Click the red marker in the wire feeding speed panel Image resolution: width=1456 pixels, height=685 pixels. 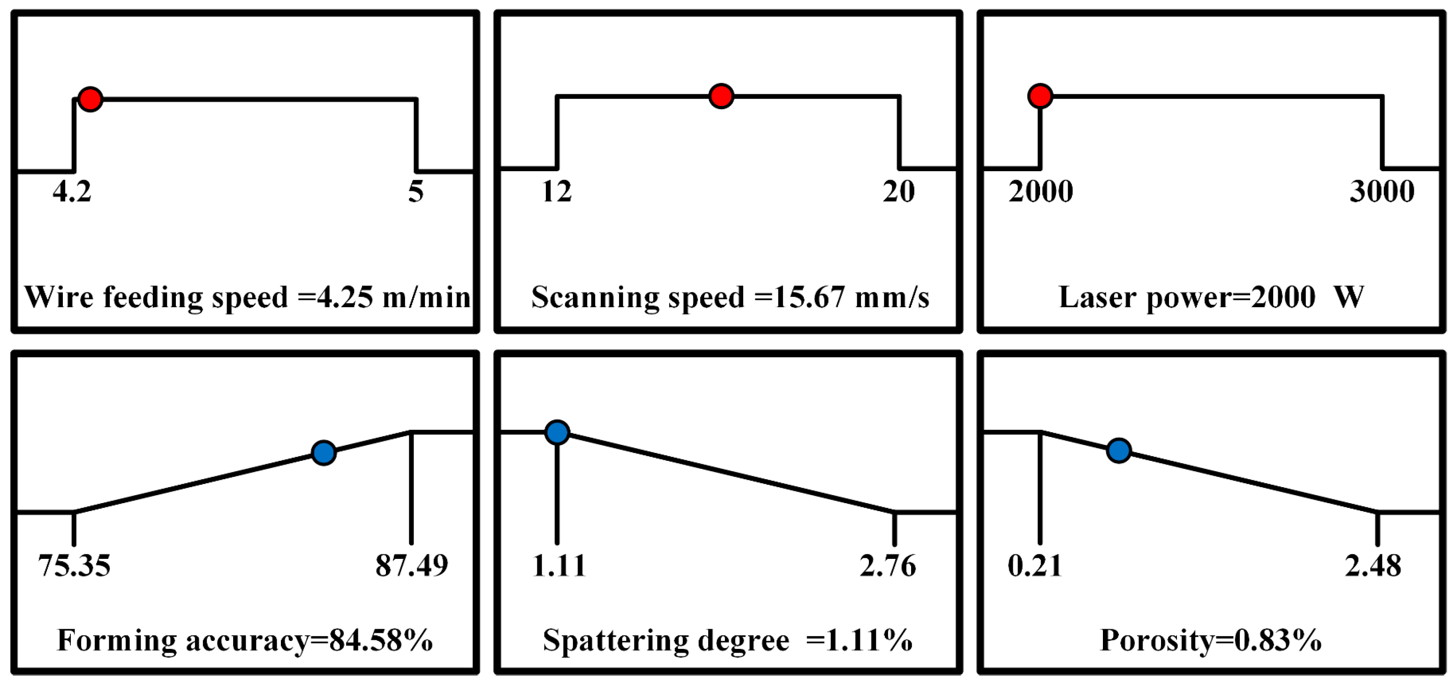pos(91,99)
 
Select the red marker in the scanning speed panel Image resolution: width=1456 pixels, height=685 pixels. pos(721,96)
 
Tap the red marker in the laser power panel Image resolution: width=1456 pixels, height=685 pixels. pos(1040,96)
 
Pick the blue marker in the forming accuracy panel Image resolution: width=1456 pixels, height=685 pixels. pos(324,453)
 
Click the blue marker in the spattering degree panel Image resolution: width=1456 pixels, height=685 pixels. pos(557,432)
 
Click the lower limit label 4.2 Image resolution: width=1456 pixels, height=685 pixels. pos(72,192)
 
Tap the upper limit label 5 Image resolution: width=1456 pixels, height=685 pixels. pos(416,192)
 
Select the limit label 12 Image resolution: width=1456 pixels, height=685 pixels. pos(557,192)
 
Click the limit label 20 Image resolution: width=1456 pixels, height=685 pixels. pos(899,192)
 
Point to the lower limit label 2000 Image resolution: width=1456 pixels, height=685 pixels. pos(1041,192)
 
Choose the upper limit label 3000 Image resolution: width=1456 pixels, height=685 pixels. pos(1382,192)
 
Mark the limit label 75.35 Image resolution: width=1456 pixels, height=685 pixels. pos(74,565)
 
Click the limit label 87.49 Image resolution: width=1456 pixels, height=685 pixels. pos(412,565)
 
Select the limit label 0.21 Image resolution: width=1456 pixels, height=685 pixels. pos(1035,565)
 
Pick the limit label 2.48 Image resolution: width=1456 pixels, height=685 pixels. pos(1373,565)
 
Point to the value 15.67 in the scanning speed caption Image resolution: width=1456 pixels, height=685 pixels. pos(809,297)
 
